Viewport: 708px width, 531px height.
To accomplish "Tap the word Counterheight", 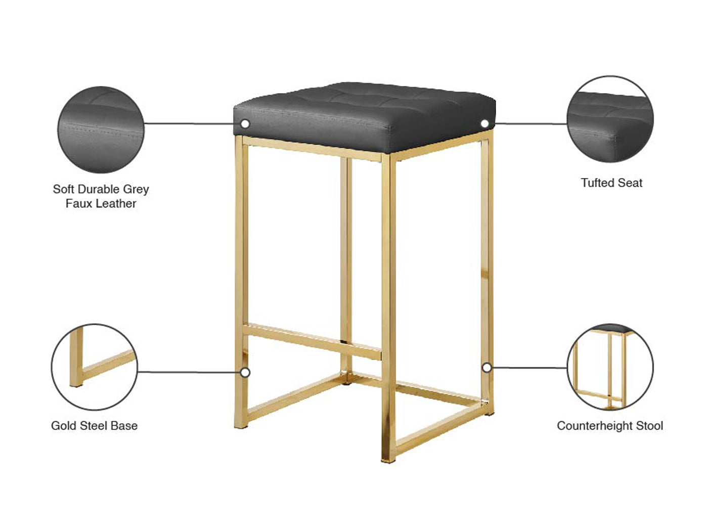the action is coord(594,426).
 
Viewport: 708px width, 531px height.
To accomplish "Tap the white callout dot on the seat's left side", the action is coord(245,124).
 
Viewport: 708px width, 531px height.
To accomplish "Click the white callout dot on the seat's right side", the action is coord(484,124).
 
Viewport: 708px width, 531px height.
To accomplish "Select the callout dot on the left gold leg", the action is coord(245,373).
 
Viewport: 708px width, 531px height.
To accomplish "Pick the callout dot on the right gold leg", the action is coord(487,367).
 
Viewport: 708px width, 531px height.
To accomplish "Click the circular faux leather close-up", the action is coord(101,129).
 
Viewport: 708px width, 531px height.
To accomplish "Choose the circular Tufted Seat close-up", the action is coord(610,119).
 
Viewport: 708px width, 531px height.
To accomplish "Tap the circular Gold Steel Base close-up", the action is coord(95,367).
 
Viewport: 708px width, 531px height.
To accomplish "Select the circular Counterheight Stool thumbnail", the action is coord(610,367).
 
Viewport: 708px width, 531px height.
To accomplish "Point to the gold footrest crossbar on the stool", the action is coord(312,341).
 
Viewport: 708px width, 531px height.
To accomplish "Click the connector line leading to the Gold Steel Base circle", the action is coord(189,372).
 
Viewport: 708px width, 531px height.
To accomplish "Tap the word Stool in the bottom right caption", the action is coord(649,426).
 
